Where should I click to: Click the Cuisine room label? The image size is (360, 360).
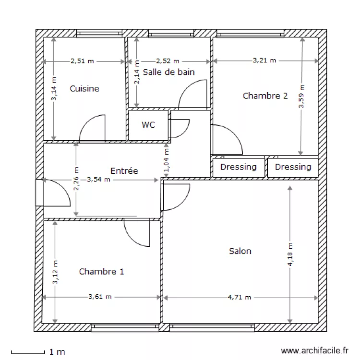pos(84,88)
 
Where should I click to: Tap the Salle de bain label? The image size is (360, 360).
pos(169,72)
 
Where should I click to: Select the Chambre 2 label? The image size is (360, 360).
pos(265,96)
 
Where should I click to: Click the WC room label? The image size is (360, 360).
pos(148,125)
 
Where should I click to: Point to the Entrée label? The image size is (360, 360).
pos(124,170)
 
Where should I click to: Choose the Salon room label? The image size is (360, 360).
pos(240,251)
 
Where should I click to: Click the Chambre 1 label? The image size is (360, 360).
pos(101,271)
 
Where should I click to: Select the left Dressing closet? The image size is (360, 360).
pos(238,167)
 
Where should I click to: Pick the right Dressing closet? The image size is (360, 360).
pos(293,167)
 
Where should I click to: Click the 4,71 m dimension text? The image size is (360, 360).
pos(240,297)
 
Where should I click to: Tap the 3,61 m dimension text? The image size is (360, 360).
pos(100,297)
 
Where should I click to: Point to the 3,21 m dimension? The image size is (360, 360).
pos(264,60)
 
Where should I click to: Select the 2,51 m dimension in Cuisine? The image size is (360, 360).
pos(82,61)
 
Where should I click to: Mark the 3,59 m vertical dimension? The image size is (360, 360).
pos(301,97)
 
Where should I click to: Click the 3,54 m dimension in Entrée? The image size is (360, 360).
pos(98,180)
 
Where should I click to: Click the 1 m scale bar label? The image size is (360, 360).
pos(57,352)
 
